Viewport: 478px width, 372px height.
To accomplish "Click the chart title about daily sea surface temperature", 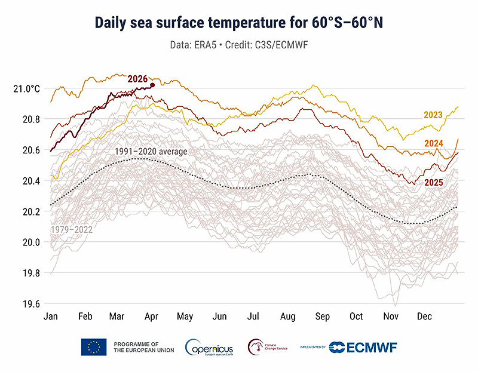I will pyautogui.click(x=239, y=22).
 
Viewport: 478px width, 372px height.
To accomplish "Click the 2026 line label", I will pyautogui.click(x=137, y=78).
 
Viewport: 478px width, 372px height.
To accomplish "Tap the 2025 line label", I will pyautogui.click(x=434, y=182).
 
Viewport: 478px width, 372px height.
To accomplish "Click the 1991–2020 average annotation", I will pyautogui.click(x=151, y=152).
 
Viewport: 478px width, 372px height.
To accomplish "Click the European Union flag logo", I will pyautogui.click(x=94, y=347).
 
